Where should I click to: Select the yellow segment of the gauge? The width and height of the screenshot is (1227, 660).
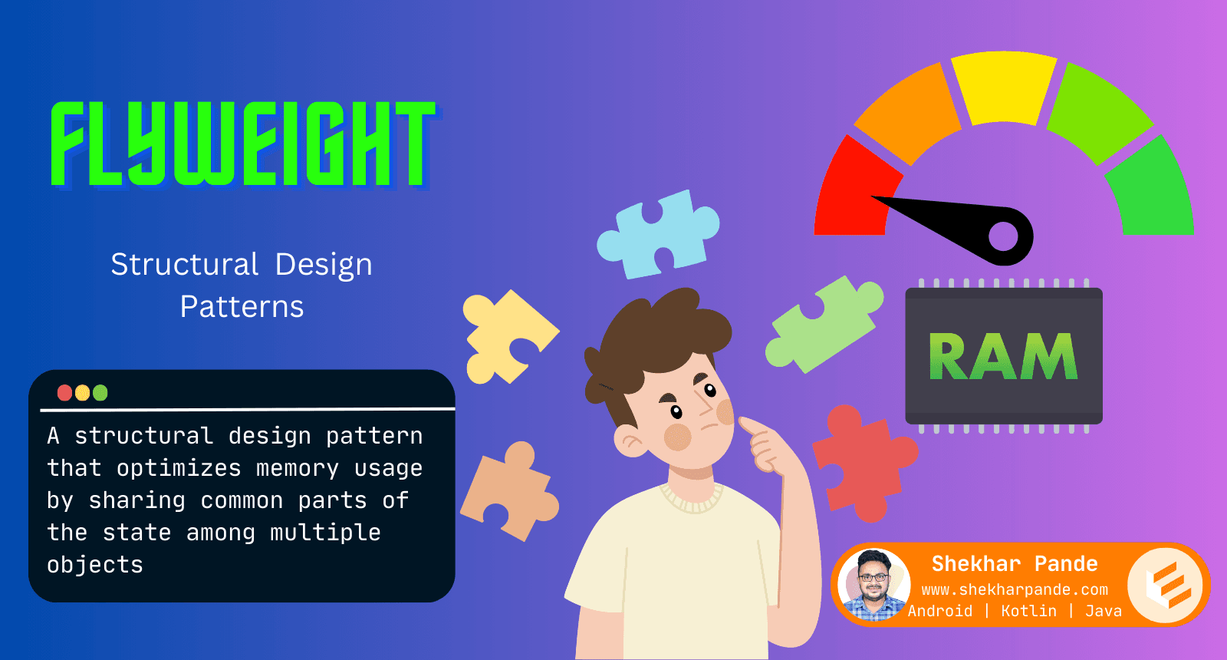point(1004,87)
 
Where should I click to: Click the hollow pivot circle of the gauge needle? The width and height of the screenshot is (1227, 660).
point(1004,236)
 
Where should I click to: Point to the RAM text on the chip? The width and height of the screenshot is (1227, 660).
point(1004,356)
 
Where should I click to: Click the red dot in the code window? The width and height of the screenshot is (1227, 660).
point(64,393)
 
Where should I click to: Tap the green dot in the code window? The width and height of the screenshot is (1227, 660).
point(100,393)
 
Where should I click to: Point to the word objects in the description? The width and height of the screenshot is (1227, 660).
point(95,565)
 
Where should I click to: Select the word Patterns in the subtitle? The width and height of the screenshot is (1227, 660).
point(242,306)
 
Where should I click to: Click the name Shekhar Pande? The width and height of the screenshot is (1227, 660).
point(1015,564)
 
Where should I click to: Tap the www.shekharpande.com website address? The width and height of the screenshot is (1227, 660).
point(1015,590)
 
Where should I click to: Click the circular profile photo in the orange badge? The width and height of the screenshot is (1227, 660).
point(874,584)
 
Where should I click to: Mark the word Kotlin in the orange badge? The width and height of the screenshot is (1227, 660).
point(1028,611)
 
